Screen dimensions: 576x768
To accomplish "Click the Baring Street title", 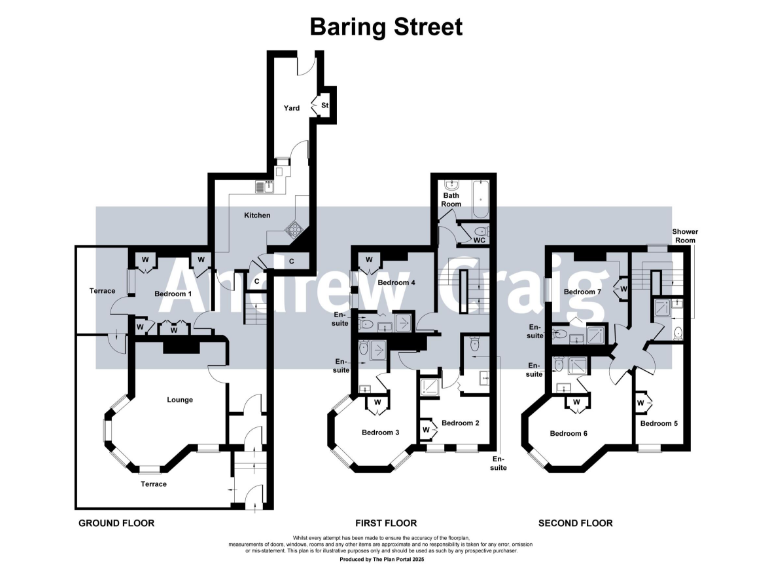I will click(x=385, y=26).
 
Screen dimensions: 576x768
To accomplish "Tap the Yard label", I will click(x=292, y=107).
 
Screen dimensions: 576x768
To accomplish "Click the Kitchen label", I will click(x=258, y=214).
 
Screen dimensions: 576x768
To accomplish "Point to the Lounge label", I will click(x=180, y=399).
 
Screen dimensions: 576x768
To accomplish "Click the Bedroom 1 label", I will click(x=172, y=294).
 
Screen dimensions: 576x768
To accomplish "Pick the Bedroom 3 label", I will click(x=381, y=431).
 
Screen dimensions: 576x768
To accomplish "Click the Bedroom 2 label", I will click(x=460, y=423).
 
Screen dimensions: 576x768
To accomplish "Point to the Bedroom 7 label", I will click(x=581, y=291).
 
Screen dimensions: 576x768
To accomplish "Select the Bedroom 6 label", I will click(x=568, y=433).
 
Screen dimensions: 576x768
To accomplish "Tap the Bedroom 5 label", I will click(x=659, y=423).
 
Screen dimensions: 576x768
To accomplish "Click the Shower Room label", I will click(x=684, y=235).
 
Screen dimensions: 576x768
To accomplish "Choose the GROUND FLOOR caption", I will click(x=116, y=523).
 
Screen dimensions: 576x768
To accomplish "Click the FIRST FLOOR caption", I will click(x=386, y=523).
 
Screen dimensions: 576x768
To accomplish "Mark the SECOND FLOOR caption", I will click(x=575, y=523).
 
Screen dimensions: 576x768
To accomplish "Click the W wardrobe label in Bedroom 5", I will click(x=641, y=402).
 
